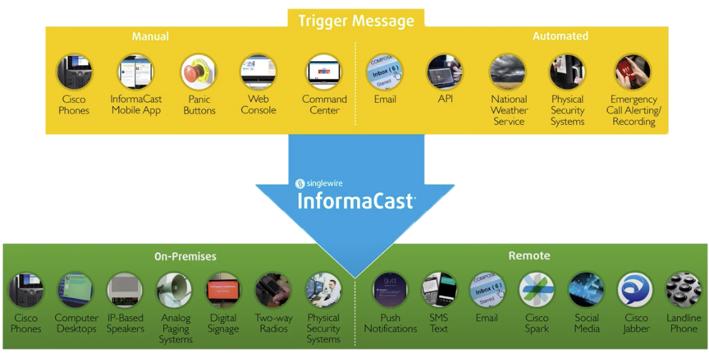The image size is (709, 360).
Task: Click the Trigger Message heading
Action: (356, 21)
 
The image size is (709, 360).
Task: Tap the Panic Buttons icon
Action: (199, 72)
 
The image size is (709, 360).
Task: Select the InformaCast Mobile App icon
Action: (135, 72)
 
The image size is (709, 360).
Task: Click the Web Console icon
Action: (258, 72)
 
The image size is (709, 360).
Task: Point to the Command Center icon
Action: (324, 72)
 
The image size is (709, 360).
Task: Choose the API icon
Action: (445, 72)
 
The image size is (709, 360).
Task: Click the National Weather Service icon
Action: (508, 72)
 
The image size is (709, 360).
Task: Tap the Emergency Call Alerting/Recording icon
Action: (633, 72)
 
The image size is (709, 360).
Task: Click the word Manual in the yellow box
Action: (150, 37)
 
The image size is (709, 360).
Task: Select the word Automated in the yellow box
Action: (560, 37)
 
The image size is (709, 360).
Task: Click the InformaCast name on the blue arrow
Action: (356, 201)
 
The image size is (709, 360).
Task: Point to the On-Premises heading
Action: (185, 257)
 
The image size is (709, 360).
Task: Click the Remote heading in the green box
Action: (529, 255)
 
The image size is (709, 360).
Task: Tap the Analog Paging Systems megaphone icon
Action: (175, 291)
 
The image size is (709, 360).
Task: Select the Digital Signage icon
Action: (223, 291)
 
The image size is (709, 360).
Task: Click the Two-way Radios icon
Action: (273, 291)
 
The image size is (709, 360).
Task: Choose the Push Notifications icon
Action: (390, 291)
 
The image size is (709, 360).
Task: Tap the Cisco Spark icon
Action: (536, 291)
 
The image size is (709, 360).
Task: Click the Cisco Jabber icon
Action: (635, 291)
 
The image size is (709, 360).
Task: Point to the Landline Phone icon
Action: (684, 291)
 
